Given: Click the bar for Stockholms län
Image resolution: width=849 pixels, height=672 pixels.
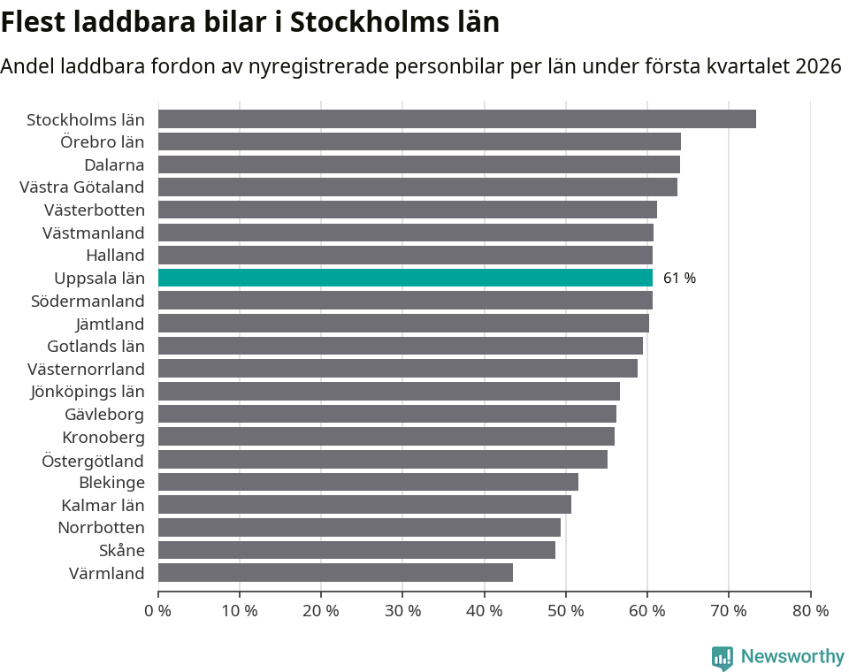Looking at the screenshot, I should [x=456, y=119].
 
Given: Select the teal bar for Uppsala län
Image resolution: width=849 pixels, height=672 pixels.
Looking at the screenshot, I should [x=405, y=278].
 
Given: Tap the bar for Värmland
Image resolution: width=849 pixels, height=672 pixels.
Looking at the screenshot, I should [x=335, y=573].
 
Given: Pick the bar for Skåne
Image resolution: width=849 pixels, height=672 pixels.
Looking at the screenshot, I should [x=356, y=550].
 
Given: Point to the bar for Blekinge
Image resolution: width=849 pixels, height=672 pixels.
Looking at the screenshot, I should [x=368, y=482].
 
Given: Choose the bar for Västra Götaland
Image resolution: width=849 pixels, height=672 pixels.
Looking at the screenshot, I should [x=417, y=187].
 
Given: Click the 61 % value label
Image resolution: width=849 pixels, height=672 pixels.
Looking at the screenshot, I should [x=679, y=279].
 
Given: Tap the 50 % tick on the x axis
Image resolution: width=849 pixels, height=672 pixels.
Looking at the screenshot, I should [x=565, y=611].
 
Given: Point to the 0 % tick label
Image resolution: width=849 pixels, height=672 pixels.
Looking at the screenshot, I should [x=158, y=611].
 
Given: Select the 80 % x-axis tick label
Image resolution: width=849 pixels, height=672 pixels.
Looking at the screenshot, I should [x=810, y=611].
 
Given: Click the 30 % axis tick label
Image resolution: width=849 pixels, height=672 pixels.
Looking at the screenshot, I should [x=402, y=611].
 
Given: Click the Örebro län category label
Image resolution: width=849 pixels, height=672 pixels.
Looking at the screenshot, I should [x=102, y=141].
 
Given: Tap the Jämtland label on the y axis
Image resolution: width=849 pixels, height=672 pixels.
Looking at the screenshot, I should [x=110, y=324].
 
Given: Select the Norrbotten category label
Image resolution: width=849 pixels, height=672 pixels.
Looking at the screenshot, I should [x=101, y=528].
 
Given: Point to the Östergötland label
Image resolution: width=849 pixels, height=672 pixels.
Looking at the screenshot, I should [x=93, y=460].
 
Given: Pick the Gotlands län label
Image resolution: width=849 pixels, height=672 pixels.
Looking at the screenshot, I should [x=96, y=347].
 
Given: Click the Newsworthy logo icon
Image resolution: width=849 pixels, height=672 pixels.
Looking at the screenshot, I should [x=723, y=658].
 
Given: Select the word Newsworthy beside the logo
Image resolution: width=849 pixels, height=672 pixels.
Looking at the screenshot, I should [x=792, y=657].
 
